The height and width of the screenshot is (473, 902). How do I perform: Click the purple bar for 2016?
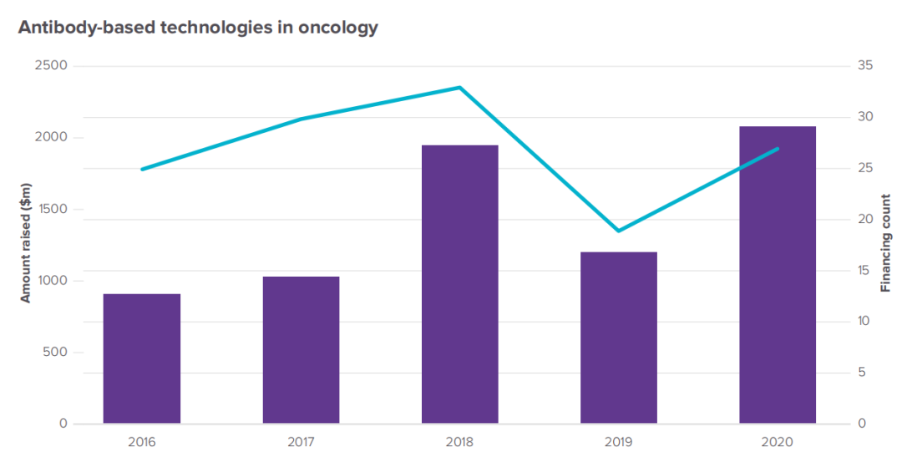point(142,359)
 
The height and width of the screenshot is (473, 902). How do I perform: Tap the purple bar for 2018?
point(459,284)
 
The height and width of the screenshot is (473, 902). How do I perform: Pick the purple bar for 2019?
point(618,338)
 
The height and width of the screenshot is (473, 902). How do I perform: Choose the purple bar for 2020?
point(777,275)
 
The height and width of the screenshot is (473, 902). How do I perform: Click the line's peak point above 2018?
point(459,88)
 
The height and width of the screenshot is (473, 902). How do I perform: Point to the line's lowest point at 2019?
point(618,231)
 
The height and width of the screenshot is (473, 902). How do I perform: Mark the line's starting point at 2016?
point(142,169)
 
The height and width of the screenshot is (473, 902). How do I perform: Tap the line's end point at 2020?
point(778,149)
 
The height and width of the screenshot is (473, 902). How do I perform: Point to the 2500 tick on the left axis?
point(51,66)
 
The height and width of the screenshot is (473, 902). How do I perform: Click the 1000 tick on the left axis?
point(51,281)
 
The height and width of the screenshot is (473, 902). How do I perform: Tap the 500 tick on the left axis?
point(55,352)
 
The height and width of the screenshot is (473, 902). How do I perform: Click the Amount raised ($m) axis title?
point(25,242)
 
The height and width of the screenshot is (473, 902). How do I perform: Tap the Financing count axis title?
point(886,243)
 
